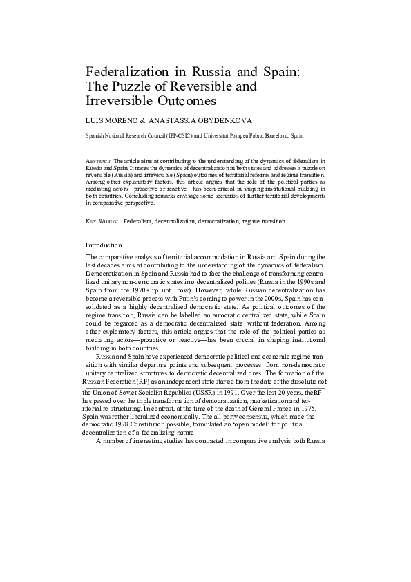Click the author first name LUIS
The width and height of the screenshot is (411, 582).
93,119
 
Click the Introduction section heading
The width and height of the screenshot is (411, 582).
104,245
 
